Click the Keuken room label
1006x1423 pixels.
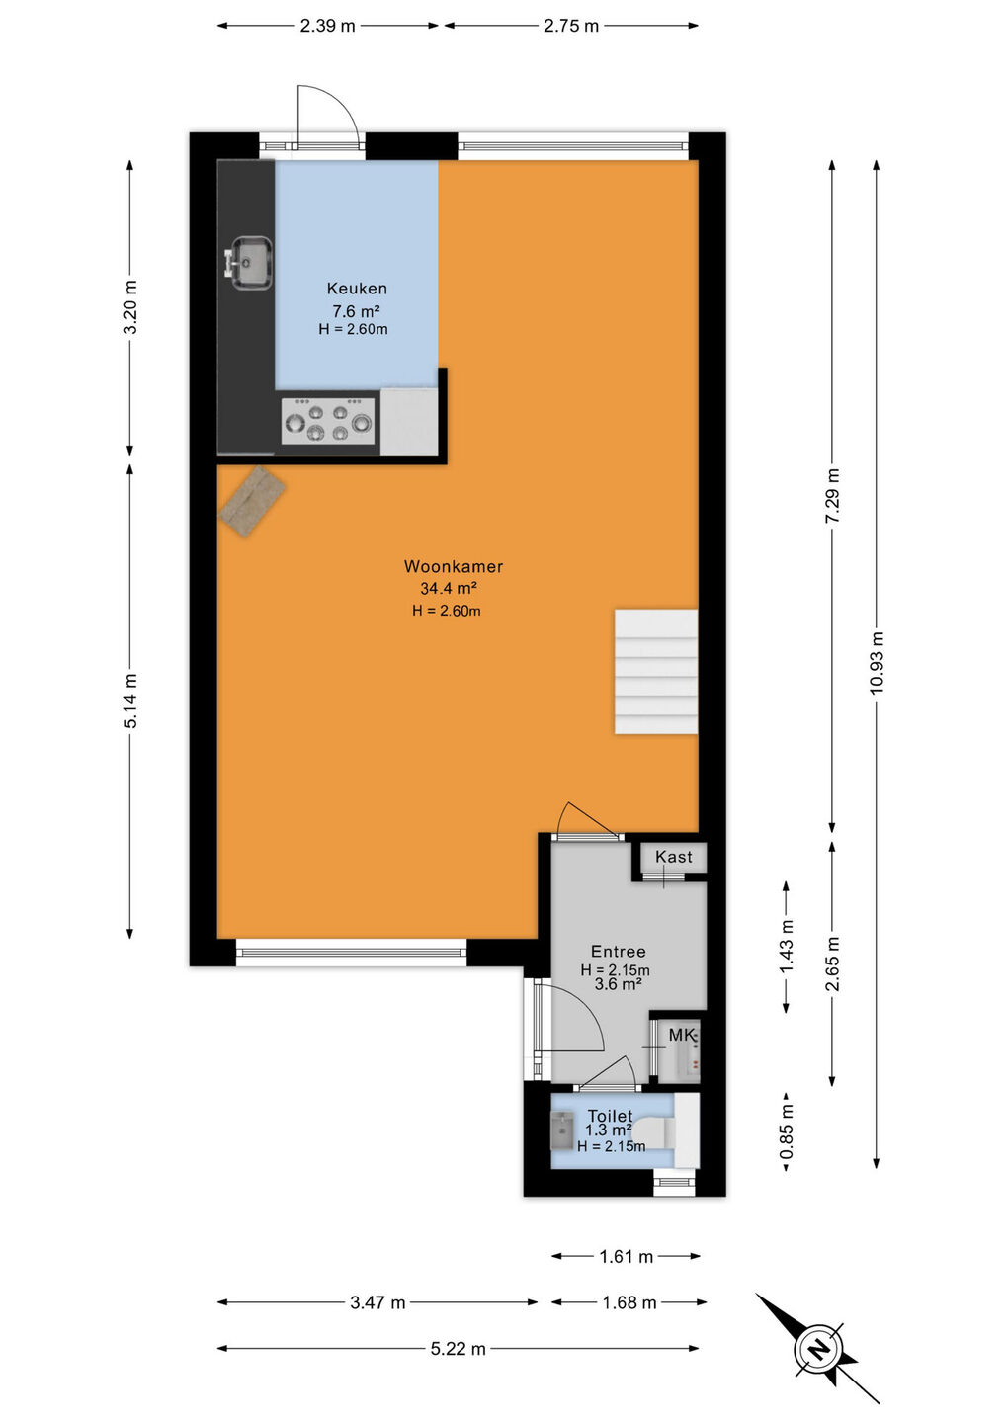(x=357, y=289)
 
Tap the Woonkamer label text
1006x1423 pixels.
(x=454, y=566)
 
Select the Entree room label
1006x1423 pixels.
(x=618, y=951)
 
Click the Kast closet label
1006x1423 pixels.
(x=673, y=857)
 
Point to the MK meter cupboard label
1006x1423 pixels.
(x=682, y=1035)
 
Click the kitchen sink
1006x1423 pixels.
(x=250, y=263)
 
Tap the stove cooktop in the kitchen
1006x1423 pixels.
(x=328, y=421)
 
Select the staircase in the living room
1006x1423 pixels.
(x=655, y=672)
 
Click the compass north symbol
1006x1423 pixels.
(x=818, y=1348)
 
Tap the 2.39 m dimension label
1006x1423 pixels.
(x=327, y=26)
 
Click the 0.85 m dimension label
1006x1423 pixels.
(x=787, y=1132)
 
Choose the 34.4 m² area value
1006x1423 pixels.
(x=449, y=588)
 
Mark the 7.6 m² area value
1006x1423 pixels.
(x=357, y=311)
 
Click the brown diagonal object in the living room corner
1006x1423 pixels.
(x=252, y=502)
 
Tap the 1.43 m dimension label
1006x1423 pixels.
(x=787, y=947)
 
